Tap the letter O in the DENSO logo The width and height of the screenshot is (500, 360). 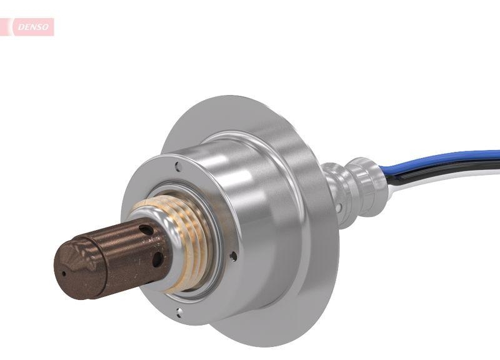coord(47,27)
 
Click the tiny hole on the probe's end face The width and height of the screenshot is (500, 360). coord(62,272)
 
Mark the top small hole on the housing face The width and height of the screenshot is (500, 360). coord(179,166)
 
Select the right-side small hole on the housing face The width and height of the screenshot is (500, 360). coord(233,256)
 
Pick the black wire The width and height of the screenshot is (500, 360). coord(450,171)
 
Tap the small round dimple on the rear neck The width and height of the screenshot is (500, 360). coord(338,205)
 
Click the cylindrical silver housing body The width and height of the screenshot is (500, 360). coord(250,206)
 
